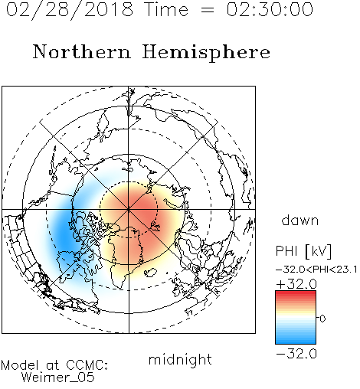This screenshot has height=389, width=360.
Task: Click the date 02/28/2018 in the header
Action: [x=70, y=10]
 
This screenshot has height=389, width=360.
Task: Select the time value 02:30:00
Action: [x=270, y=9]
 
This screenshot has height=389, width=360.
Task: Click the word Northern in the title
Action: [x=82, y=51]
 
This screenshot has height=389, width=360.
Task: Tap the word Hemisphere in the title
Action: [x=206, y=52]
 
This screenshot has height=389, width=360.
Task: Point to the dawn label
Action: [x=300, y=220]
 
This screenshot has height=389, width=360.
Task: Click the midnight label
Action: [x=180, y=359]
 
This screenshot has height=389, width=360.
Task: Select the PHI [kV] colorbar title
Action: [x=303, y=251]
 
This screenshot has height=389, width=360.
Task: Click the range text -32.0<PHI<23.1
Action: [x=316, y=270]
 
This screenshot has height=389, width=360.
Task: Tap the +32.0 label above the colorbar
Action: [x=296, y=284]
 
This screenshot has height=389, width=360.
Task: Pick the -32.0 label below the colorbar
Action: [x=296, y=354]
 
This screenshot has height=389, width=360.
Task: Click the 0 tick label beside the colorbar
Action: [x=322, y=319]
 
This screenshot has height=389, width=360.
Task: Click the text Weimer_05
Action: [x=58, y=378]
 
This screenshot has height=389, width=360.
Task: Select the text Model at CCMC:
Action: [x=54, y=365]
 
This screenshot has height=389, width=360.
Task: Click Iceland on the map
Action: [x=150, y=272]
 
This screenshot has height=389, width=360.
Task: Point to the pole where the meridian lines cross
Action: [x=129, y=209]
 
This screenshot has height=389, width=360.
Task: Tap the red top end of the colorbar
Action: [x=296, y=293]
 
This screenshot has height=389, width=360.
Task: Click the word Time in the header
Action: [x=166, y=9]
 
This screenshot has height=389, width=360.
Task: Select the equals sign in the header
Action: [x=208, y=10]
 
